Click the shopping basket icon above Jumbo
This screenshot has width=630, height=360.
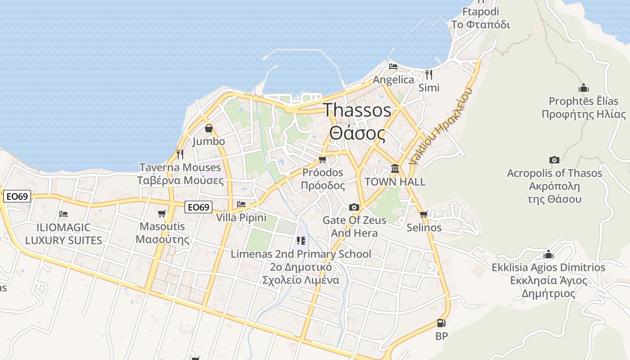click(209, 129)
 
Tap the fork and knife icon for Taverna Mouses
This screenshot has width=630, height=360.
click(180, 154)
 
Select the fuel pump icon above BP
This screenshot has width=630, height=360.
click(441, 323)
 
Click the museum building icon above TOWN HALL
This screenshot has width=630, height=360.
click(395, 169)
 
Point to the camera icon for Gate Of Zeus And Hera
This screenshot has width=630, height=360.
click(354, 207)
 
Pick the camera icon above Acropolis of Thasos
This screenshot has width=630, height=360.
click(554, 160)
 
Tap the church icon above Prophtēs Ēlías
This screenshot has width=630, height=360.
click(584, 88)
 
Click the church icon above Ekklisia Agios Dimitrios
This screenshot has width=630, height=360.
click(548, 254)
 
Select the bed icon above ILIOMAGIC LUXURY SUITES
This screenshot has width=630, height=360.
click(63, 214)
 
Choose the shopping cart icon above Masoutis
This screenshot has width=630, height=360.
click(162, 213)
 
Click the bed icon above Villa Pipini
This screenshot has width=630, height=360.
click(241, 204)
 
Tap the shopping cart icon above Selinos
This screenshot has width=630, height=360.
click(423, 215)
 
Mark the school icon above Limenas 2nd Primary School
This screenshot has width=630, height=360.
click(301, 241)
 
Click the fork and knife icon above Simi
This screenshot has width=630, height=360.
click(428, 74)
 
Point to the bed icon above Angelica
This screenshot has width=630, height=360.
click(393, 67)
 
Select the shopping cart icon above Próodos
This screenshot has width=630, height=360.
click(322, 160)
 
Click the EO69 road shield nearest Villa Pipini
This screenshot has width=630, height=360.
click(198, 207)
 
